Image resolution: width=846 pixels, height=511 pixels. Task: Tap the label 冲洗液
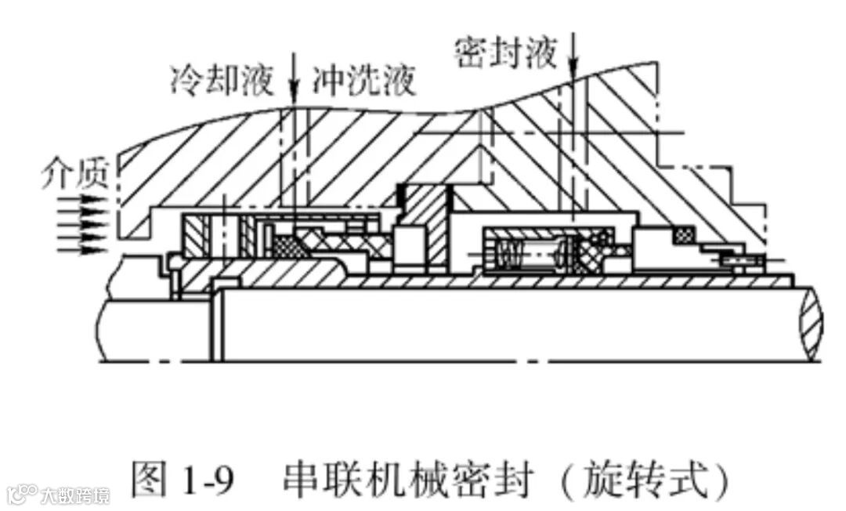click(x=363, y=79)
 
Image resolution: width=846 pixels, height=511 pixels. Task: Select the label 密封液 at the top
click(x=506, y=53)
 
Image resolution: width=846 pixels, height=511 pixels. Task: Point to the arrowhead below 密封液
click(x=573, y=70)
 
